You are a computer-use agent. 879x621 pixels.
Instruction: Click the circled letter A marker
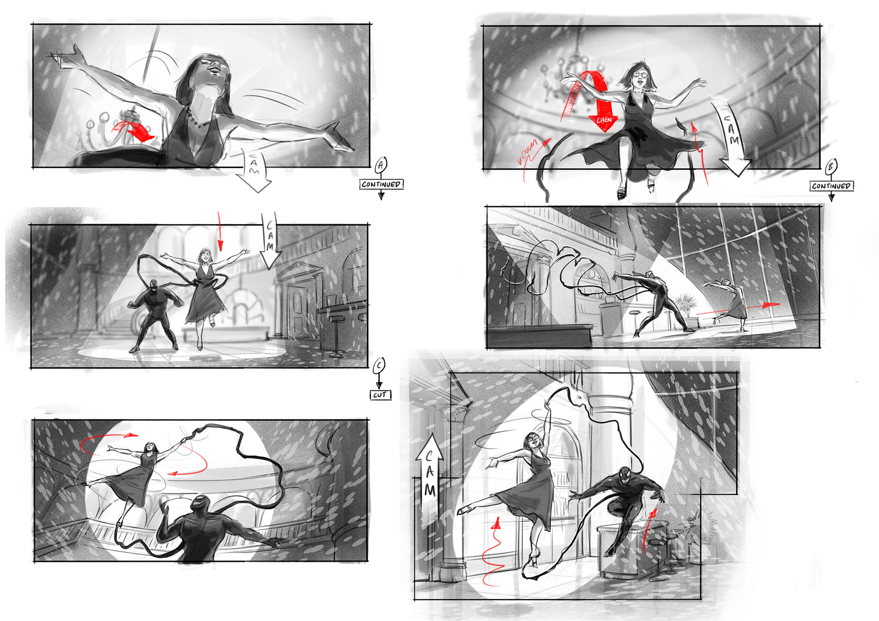(x=381, y=165)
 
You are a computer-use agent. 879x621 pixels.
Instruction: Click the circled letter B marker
(x=831, y=167)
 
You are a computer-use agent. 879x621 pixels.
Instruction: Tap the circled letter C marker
(x=379, y=366)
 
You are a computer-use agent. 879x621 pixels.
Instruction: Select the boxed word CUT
(x=380, y=395)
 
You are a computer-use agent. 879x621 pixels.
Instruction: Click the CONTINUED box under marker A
(x=381, y=184)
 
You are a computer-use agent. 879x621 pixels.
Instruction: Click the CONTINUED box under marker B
(x=832, y=186)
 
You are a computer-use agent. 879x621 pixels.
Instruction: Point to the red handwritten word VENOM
(x=527, y=152)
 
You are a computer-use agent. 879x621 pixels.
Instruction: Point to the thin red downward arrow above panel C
(x=220, y=231)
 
